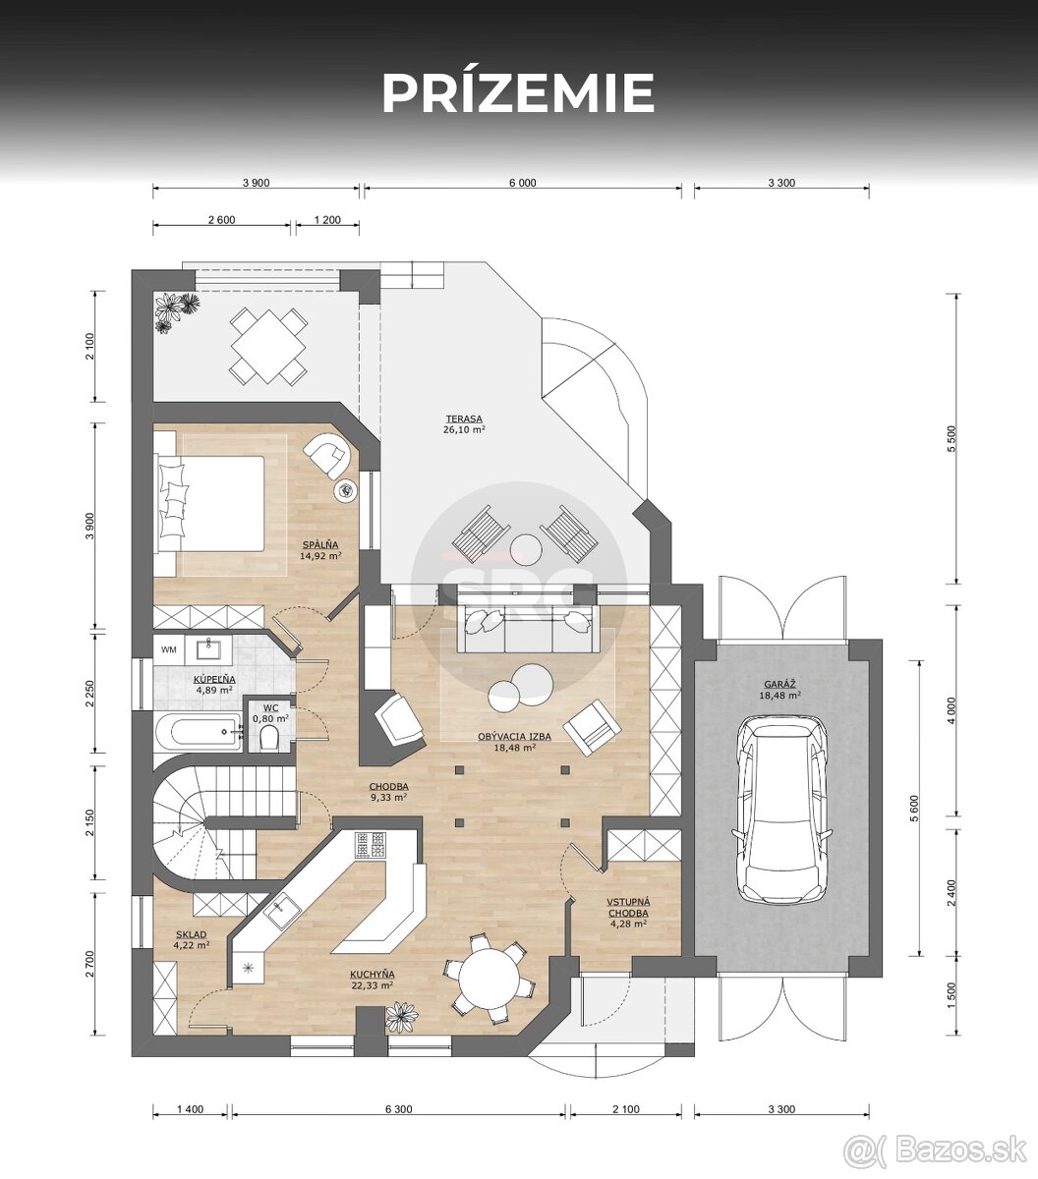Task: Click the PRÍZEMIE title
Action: click(x=518, y=93)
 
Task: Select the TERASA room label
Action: click(x=464, y=419)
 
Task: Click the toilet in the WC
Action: click(x=269, y=740)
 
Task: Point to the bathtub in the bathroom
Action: click(x=198, y=732)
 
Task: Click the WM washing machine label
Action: click(x=169, y=649)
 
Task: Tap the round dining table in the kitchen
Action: click(x=489, y=979)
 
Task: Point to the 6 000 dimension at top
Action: click(x=522, y=183)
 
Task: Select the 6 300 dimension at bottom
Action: click(x=398, y=1109)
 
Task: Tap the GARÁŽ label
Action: click(x=780, y=684)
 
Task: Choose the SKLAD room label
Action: click(x=191, y=934)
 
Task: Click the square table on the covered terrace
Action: click(x=267, y=346)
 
